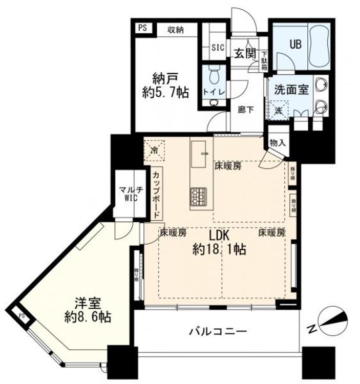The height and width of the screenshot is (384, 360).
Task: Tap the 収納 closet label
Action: point(175,30)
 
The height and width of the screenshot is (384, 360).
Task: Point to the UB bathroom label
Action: point(296,44)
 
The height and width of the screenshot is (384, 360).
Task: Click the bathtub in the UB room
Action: point(317,46)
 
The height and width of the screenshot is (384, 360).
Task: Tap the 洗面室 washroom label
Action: point(290,89)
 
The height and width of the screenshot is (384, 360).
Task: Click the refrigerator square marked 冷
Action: point(154,150)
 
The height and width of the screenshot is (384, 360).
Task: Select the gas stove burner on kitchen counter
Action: point(198,195)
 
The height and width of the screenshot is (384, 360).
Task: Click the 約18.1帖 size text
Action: point(220,249)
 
